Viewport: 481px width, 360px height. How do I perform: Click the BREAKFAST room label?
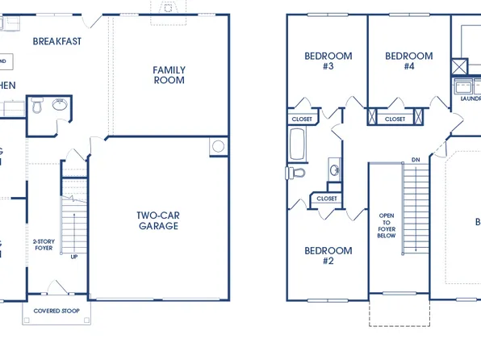click(57, 41)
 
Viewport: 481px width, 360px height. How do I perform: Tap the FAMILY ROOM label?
click(169, 75)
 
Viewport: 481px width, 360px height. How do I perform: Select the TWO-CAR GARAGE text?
click(157, 220)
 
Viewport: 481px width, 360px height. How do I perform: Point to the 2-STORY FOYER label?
click(43, 245)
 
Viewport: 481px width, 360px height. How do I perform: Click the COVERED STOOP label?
click(56, 310)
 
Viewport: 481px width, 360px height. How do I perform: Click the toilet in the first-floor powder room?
click(37, 106)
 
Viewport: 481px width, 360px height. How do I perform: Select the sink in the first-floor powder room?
click(58, 104)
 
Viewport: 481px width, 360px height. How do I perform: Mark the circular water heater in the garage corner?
click(218, 148)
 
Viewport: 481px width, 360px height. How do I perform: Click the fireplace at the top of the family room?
click(168, 7)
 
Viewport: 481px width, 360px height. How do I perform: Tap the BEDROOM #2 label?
click(328, 255)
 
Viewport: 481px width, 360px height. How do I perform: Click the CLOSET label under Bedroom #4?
click(395, 119)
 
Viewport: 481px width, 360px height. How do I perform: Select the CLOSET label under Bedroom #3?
click(301, 119)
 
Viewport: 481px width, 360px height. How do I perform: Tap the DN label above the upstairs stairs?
click(416, 160)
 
